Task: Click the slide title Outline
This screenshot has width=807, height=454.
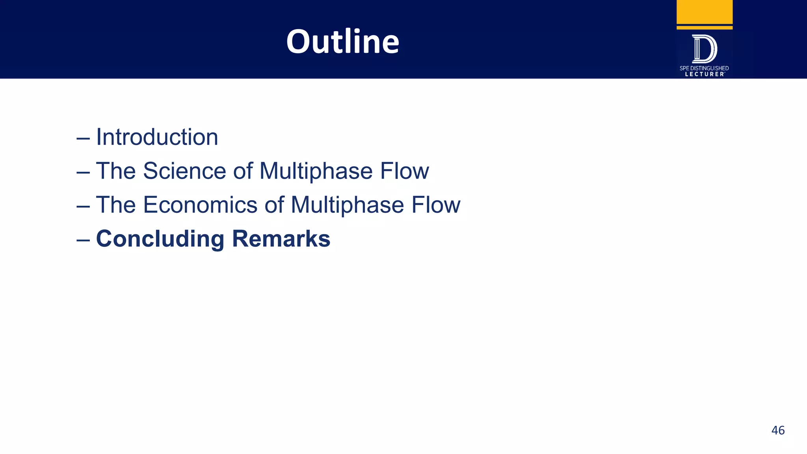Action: tap(342, 41)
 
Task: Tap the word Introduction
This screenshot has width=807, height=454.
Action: tap(157, 137)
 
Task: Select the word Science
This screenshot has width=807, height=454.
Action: tap(184, 171)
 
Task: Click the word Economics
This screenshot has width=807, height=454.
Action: tap(200, 205)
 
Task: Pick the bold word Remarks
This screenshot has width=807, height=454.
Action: tap(281, 239)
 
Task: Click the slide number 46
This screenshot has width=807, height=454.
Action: tap(778, 430)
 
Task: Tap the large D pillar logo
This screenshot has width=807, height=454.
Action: tap(705, 49)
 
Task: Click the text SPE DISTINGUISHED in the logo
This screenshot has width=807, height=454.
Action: tap(704, 68)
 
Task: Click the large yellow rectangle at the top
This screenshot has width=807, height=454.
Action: tap(705, 12)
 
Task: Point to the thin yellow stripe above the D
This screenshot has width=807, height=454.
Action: tap(705, 28)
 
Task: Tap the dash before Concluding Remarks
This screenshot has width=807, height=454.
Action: tap(83, 240)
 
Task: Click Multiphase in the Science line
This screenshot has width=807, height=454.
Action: tap(316, 171)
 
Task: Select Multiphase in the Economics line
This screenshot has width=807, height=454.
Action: tap(347, 205)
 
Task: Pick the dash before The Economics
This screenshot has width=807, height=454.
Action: tap(83, 207)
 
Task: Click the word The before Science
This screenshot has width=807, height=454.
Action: tap(116, 171)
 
